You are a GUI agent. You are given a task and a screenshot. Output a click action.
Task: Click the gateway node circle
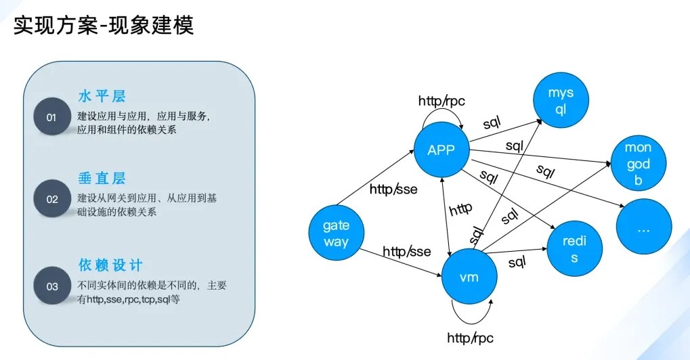[336, 233]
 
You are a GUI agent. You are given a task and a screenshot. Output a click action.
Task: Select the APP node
[441, 150]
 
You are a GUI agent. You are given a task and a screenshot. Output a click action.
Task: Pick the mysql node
[560, 102]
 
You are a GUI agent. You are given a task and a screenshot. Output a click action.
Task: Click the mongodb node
[637, 164]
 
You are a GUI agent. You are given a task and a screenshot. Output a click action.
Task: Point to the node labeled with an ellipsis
[643, 229]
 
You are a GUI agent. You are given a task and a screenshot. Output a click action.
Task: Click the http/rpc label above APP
[441, 102]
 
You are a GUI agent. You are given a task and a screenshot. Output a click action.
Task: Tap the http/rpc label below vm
[470, 337]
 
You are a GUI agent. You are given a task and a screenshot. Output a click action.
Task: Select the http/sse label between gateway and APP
[393, 189]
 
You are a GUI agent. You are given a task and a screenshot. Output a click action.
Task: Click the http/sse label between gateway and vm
[406, 252]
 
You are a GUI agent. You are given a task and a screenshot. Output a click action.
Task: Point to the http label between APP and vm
[460, 208]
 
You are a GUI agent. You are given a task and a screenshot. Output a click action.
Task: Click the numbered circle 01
[52, 117]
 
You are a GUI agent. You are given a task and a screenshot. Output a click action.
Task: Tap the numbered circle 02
[52, 199]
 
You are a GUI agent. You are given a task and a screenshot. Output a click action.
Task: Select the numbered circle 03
[52, 286]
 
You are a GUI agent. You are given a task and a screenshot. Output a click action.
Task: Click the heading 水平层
[102, 95]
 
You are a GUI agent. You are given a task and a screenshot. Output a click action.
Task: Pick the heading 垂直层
[102, 179]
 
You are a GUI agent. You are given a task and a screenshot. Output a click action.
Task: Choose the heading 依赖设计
[110, 265]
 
